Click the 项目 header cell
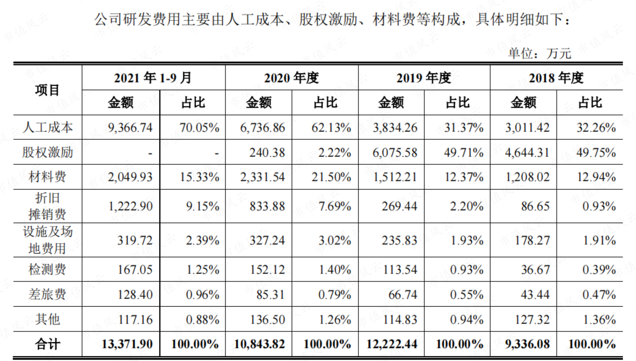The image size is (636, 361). (47, 90)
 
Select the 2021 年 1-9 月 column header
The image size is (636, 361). (153, 78)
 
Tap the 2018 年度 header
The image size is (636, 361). (556, 78)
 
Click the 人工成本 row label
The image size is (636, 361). (47, 127)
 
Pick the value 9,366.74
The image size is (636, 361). (130, 128)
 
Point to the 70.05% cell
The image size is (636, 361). (199, 128)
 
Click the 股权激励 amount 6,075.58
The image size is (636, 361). (395, 152)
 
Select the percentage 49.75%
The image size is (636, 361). (596, 152)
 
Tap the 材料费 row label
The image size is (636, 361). (47, 177)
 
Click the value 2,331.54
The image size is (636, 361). (262, 177)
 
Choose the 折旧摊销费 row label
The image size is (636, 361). (47, 206)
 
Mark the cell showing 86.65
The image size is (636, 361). (535, 206)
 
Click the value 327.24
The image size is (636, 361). (267, 240)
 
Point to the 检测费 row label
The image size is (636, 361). (47, 269)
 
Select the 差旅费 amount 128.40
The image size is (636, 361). (135, 295)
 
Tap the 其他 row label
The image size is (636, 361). (47, 319)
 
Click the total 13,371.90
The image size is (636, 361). (127, 344)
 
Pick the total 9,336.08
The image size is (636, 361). (527, 344)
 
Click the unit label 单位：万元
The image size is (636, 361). (540, 54)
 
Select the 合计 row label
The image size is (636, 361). (47, 344)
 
